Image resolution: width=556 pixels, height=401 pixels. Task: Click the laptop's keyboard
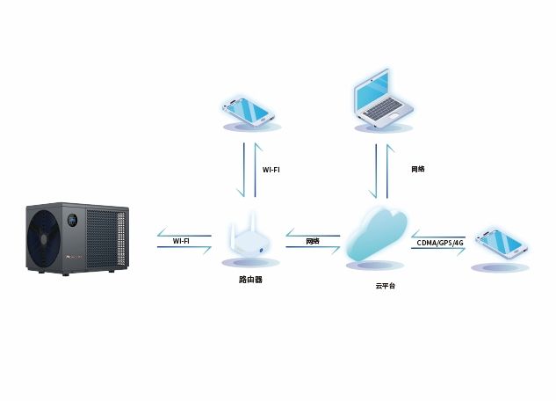[x=384, y=113]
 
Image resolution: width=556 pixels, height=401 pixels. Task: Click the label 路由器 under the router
[x=250, y=280]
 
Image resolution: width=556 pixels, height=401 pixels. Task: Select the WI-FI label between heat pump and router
[x=181, y=240]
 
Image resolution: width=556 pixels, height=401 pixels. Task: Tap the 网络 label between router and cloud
[x=312, y=240]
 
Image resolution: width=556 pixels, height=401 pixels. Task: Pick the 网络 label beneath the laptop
[x=418, y=168]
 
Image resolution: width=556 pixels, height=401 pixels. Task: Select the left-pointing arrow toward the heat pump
[x=183, y=231]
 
